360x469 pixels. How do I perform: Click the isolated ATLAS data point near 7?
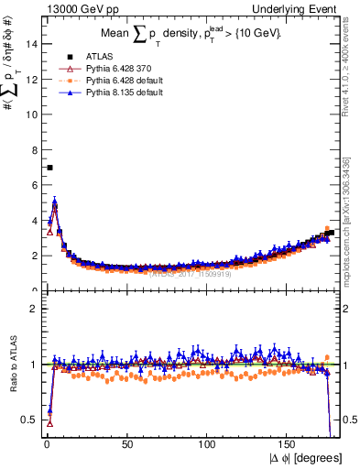(49, 168)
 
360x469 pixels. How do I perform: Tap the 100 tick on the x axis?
(208, 439)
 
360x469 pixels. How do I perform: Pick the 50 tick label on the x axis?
(127, 439)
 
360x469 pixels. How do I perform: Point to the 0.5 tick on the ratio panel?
(30, 420)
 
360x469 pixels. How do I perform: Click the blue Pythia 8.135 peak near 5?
(55, 202)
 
